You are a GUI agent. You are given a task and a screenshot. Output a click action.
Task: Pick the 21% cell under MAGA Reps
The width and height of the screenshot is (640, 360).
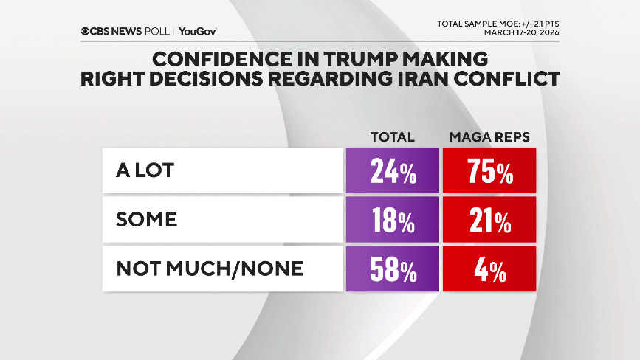pos(489,221)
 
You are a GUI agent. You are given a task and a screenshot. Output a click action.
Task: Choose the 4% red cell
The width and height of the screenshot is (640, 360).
pos(489,269)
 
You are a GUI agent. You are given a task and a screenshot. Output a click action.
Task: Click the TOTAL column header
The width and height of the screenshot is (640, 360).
pos(391,137)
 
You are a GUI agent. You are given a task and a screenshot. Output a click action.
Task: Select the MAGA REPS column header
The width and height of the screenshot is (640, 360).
pos(489,137)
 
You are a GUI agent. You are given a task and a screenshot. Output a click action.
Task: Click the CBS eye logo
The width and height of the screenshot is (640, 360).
pos(86,31)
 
